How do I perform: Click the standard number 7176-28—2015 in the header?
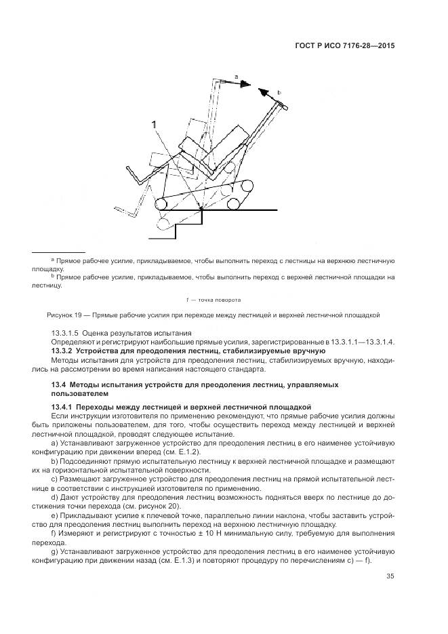tap(363, 47)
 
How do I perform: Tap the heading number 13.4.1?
tap(63, 405)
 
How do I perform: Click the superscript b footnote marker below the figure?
tap(52, 276)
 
